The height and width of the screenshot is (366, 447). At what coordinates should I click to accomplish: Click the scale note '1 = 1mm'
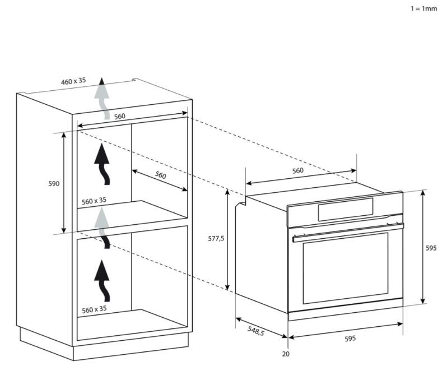423,8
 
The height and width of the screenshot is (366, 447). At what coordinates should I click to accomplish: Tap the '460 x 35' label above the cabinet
73,81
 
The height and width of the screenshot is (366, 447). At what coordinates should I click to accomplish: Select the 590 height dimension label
54,183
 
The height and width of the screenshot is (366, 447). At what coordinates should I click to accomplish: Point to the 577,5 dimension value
216,238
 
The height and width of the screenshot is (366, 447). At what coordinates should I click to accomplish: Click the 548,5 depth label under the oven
256,331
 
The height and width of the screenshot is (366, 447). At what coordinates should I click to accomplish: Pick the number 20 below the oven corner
286,354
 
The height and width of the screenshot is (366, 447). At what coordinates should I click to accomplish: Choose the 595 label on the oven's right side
431,248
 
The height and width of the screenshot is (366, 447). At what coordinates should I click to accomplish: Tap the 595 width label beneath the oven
350,339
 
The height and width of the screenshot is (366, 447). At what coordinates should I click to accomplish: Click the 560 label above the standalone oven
298,170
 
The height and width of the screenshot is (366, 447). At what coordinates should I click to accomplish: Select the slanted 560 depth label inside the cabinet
161,175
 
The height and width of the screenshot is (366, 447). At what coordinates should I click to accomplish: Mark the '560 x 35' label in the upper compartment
94,201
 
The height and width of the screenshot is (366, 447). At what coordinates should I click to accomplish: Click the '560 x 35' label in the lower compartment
94,309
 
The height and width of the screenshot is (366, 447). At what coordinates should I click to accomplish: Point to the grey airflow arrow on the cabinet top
103,99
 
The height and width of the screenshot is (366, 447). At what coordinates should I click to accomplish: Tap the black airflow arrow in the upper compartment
102,164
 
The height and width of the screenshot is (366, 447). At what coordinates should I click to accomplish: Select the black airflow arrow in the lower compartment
102,281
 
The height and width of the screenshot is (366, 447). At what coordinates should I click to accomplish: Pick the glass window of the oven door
346,268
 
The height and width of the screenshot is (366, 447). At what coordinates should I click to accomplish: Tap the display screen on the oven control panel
346,210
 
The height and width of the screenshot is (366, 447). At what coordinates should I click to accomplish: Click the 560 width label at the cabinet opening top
120,117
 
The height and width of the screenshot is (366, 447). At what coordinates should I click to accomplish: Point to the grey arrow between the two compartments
102,228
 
